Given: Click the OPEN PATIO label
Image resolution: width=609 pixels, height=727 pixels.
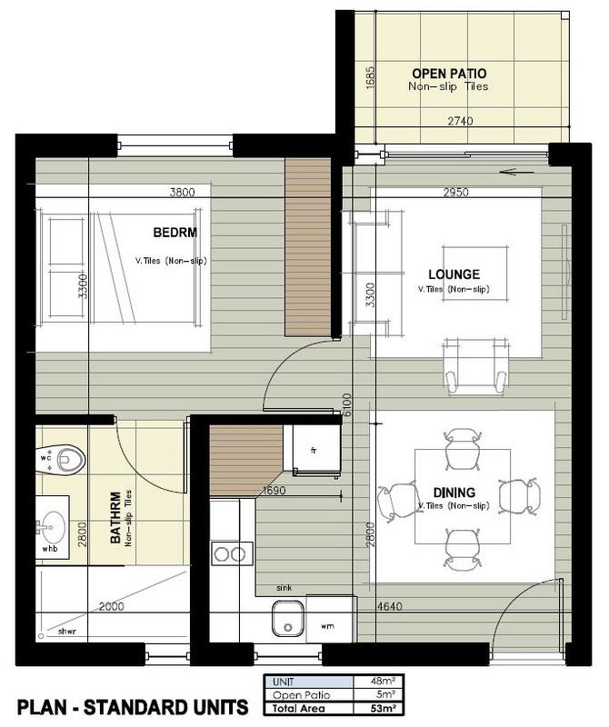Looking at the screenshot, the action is click(x=449, y=74).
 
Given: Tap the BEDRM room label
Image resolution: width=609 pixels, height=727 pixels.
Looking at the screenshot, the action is click(x=175, y=232).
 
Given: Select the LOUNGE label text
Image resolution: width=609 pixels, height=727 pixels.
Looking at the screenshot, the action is click(x=454, y=274).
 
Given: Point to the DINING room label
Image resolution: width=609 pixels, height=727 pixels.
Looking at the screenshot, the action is click(x=454, y=492).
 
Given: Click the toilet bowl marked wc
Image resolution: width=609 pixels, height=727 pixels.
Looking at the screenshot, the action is click(x=70, y=460).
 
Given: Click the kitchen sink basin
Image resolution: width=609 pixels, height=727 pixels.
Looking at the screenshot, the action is click(x=287, y=619).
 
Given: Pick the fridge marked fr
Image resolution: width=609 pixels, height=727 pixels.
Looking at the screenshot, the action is click(x=314, y=450).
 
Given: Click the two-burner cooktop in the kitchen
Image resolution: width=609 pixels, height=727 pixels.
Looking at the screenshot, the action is click(x=232, y=553).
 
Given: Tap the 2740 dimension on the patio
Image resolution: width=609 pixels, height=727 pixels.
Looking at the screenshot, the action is click(x=460, y=121).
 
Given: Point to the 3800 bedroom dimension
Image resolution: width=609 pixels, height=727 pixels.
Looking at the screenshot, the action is click(x=182, y=192).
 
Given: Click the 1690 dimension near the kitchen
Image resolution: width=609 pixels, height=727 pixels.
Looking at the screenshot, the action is click(x=274, y=490).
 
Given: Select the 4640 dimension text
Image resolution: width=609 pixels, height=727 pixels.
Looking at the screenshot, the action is click(x=389, y=606).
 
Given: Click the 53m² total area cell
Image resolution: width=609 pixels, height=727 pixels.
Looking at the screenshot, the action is click(x=378, y=709).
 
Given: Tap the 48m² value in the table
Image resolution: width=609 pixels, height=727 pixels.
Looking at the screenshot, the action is click(x=383, y=681).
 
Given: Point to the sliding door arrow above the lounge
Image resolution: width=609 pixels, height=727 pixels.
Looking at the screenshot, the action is click(x=517, y=172).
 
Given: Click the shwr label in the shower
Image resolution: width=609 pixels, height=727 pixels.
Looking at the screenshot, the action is click(x=66, y=631).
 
